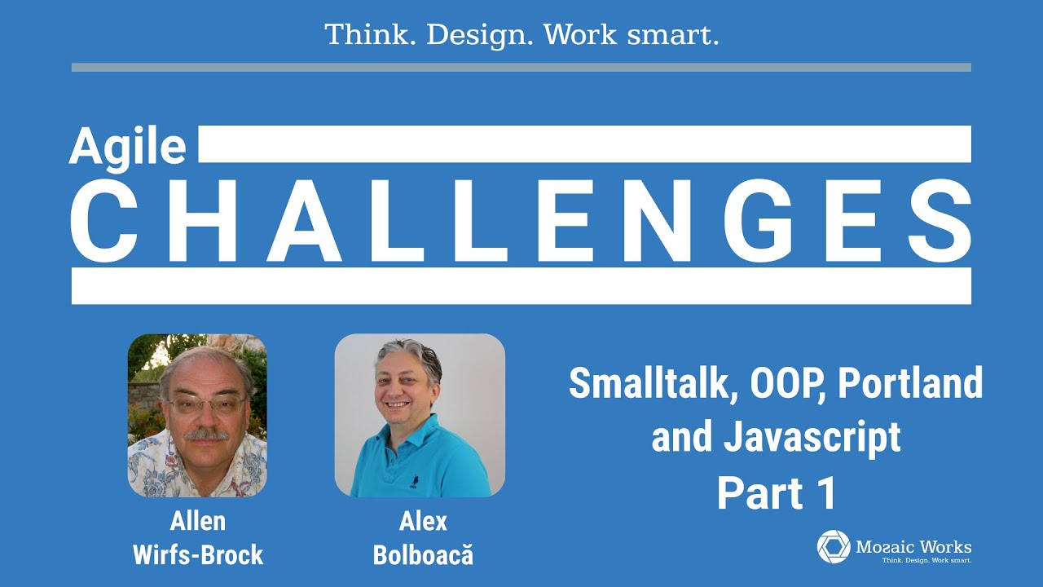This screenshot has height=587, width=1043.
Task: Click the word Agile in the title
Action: [x=128, y=148]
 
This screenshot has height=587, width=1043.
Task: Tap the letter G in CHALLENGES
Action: [x=757, y=220]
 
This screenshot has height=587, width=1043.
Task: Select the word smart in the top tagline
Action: [x=673, y=34]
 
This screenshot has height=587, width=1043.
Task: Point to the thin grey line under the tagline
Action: [x=521, y=68]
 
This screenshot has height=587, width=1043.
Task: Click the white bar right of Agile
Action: [x=585, y=144]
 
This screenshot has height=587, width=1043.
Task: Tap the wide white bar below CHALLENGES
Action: [x=521, y=286]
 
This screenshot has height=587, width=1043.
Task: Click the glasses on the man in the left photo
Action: [x=207, y=404]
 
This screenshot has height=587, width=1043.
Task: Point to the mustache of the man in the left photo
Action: [x=206, y=435]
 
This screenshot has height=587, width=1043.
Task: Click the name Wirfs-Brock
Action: [x=198, y=555]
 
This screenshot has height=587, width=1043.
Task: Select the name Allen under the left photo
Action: [x=198, y=521]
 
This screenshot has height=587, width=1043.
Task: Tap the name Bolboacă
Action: [x=423, y=554]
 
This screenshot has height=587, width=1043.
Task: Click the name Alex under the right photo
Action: [x=423, y=521]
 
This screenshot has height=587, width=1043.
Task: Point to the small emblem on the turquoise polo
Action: [x=414, y=482]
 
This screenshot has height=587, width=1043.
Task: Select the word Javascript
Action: [x=812, y=438]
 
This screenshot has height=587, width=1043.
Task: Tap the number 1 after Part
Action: [x=826, y=493]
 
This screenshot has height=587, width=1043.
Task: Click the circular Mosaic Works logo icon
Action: [x=834, y=546]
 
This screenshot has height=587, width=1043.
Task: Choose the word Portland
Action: [x=910, y=382]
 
